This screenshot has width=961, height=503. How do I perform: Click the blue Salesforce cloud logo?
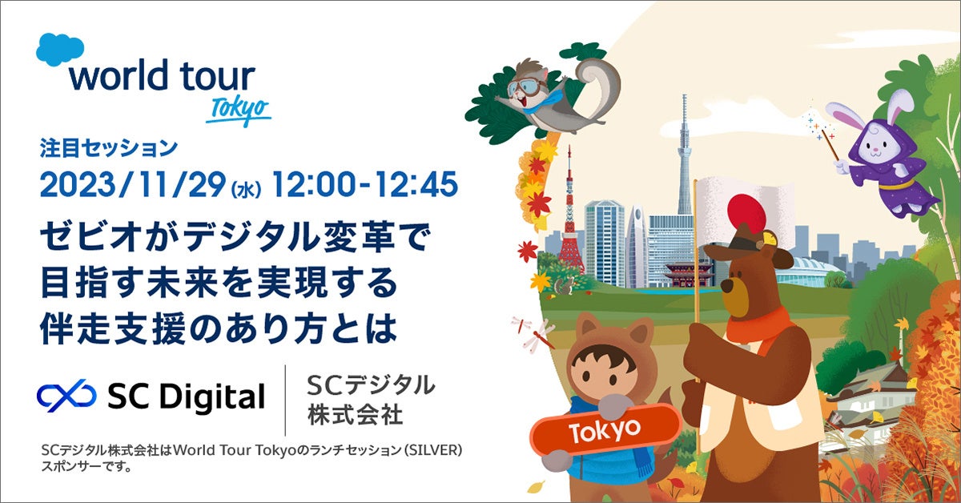[x=60, y=50]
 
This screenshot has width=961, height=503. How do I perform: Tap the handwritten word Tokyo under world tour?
[x=238, y=111]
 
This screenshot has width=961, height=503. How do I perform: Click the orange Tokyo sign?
[x=604, y=430]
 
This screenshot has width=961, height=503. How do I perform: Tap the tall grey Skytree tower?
[x=685, y=152]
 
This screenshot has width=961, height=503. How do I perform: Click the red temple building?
[x=689, y=271]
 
